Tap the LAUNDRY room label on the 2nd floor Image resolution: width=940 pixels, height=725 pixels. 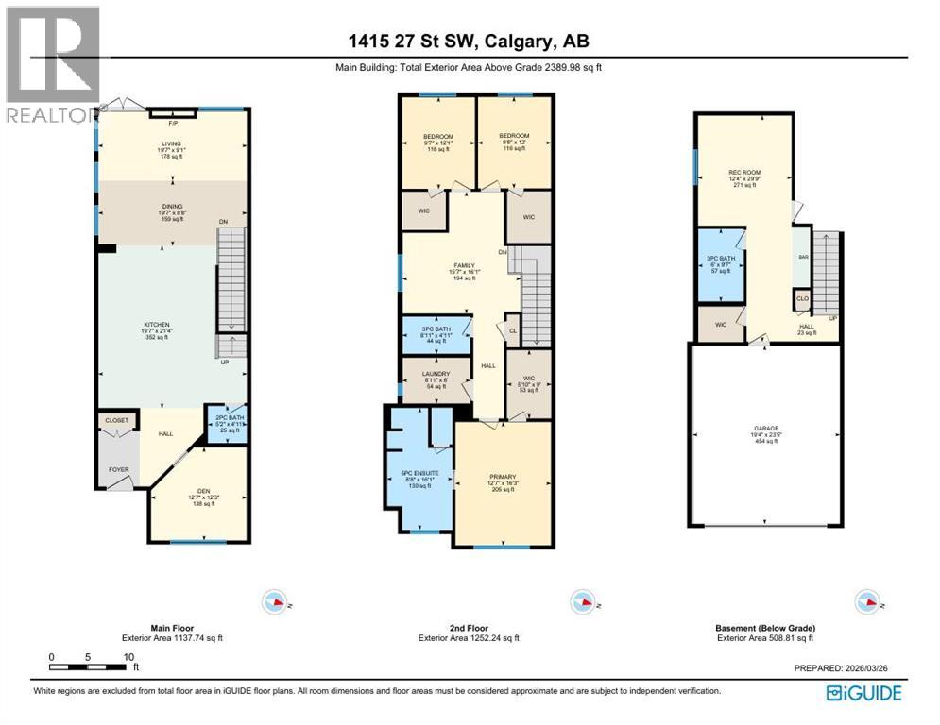436,374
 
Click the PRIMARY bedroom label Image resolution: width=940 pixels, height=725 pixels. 503,477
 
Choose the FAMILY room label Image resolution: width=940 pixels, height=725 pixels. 463,266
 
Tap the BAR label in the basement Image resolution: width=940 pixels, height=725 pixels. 803,256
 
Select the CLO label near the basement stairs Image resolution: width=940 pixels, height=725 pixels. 802,299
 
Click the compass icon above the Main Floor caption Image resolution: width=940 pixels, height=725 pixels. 275,601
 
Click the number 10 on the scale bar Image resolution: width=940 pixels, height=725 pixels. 128,657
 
